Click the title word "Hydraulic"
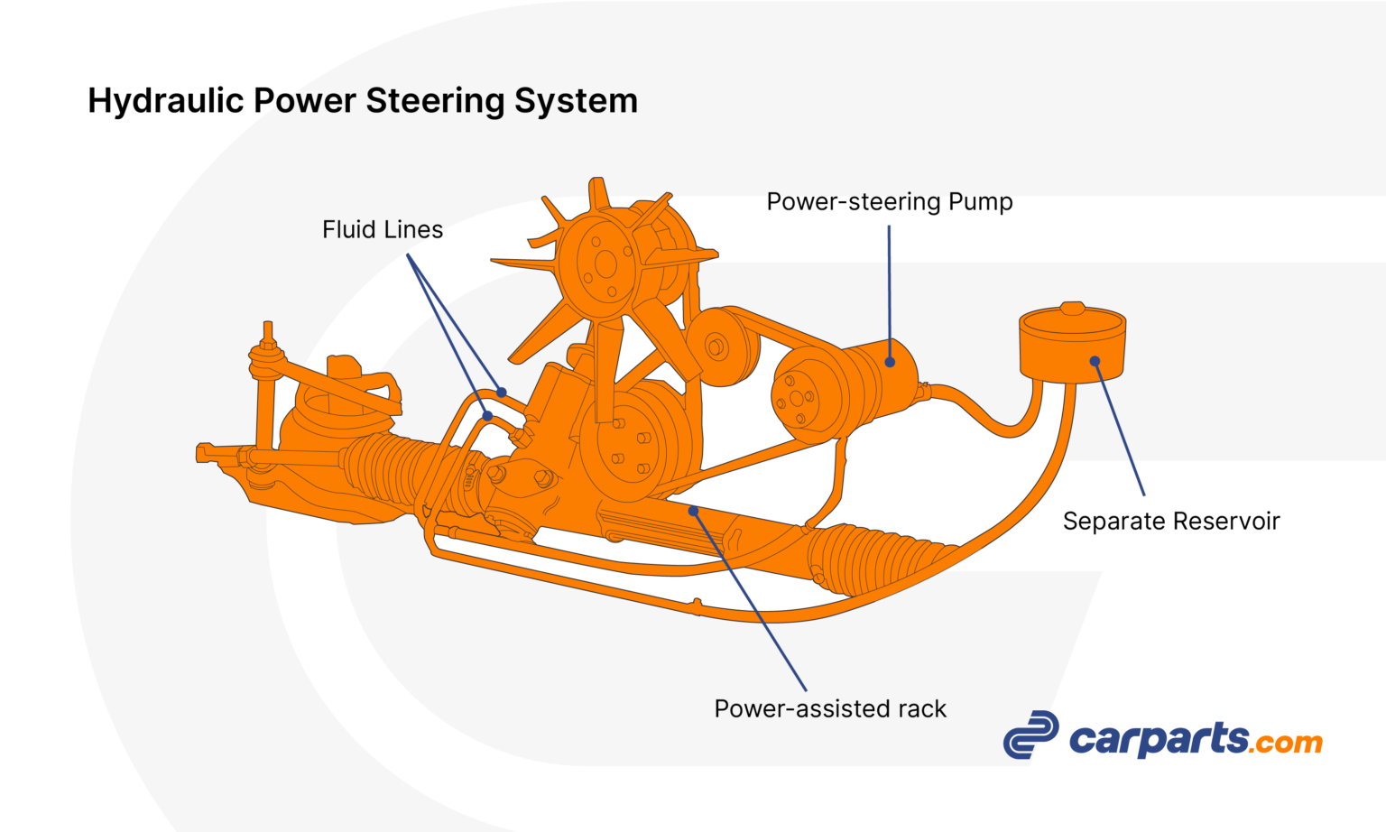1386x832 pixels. [x=165, y=101]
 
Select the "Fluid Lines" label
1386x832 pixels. [x=383, y=230]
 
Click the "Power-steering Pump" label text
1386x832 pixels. [x=889, y=202]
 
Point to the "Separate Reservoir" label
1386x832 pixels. [x=1170, y=522]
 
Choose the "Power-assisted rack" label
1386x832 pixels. [x=830, y=709]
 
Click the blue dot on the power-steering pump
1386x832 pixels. [x=890, y=363]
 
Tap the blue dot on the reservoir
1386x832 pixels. [x=1095, y=362]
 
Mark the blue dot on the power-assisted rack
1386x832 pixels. [x=693, y=512]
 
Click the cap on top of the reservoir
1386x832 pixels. [x=1073, y=309]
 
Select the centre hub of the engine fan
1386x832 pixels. [x=605, y=264]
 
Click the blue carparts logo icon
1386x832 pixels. [x=1030, y=735]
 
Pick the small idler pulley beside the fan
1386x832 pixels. [x=716, y=346]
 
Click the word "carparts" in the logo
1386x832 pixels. [x=1159, y=740]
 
